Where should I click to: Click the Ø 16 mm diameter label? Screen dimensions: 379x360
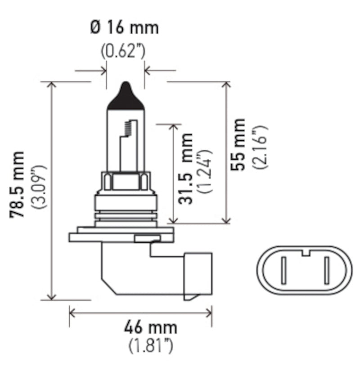point(124,28)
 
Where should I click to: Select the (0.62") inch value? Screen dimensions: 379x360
point(122,51)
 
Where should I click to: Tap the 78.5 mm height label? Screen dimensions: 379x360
point(18,185)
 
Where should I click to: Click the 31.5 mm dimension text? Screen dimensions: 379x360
point(185,169)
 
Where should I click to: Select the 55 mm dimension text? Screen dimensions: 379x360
point(238,144)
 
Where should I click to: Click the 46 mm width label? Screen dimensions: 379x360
point(150,327)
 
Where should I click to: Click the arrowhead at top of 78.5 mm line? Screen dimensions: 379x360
point(52,86)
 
